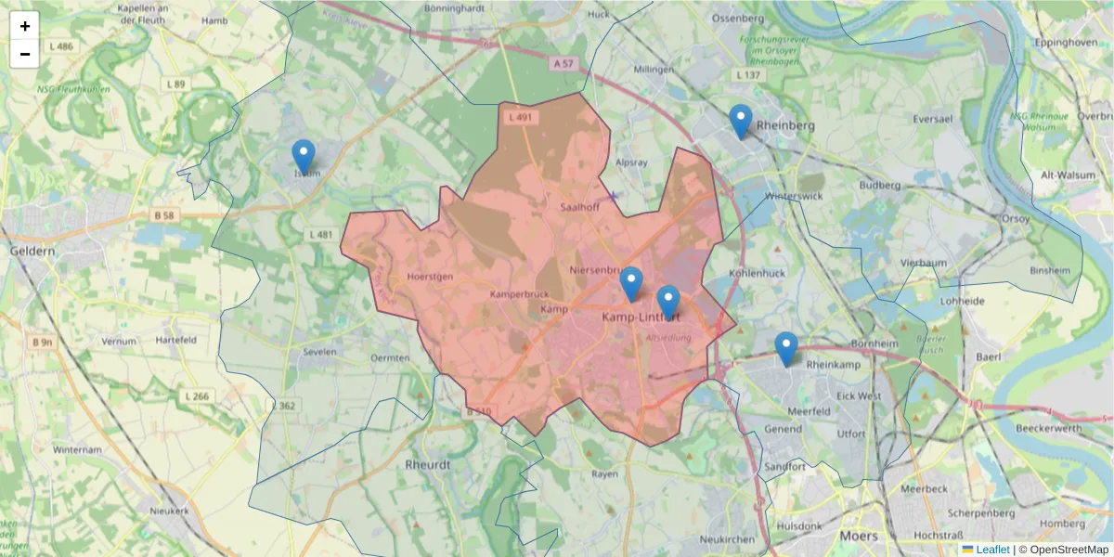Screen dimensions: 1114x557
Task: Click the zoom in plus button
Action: tap(25, 26)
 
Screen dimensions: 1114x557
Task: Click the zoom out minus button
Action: tap(25, 54)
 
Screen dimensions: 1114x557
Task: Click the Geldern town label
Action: tap(32, 251)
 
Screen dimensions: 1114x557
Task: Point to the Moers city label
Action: tap(857, 536)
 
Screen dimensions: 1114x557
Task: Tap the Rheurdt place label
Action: tap(428, 463)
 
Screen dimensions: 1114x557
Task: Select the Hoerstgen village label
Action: tap(430, 277)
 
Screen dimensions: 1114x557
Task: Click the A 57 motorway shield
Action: tap(563, 64)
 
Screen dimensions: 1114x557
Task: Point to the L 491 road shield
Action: tap(521, 118)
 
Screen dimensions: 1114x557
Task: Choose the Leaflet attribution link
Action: tap(991, 550)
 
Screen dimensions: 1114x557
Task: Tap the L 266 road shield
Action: tap(198, 396)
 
